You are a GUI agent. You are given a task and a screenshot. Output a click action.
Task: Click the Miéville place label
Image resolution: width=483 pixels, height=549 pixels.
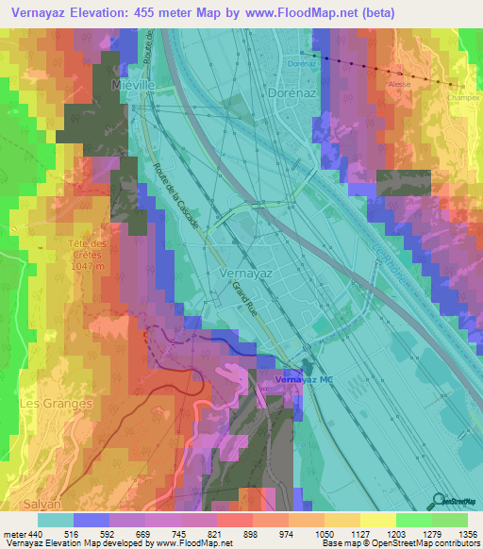click(x=131, y=85)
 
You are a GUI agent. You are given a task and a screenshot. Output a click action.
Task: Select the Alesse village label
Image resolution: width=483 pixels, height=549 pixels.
click(x=400, y=84)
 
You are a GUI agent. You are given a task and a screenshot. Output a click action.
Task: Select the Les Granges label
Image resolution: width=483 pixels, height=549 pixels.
click(x=57, y=403)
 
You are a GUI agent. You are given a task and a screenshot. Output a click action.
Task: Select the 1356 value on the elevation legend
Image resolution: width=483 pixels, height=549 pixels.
click(x=466, y=534)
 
